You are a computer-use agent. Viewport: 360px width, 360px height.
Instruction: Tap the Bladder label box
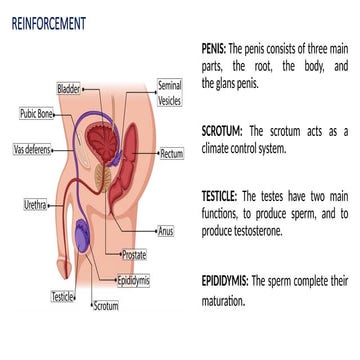pyautogui.click(x=69, y=89)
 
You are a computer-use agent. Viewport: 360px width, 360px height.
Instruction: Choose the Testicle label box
pyautogui.click(x=62, y=295)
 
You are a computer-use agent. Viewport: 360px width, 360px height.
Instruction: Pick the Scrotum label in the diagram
pyautogui.click(x=105, y=307)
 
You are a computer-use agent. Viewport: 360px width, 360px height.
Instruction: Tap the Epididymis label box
pyautogui.click(x=133, y=281)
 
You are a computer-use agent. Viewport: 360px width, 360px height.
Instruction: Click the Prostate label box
pyautogui.click(x=133, y=255)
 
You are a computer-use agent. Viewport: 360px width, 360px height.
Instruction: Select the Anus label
pyautogui.click(x=166, y=231)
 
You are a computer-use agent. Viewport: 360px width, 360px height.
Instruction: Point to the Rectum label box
pyautogui.click(x=171, y=154)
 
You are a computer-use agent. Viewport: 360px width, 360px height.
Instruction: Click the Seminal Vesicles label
pyautogui.click(x=169, y=94)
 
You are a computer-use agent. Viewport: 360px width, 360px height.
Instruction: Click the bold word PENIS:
pyautogui.click(x=213, y=47)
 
